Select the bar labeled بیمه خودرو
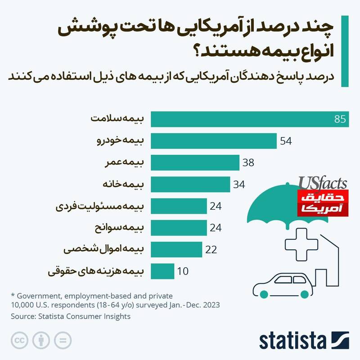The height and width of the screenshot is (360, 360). tap(213, 141)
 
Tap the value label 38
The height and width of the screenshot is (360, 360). tap(248, 162)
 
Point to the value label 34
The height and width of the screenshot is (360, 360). tap(238, 184)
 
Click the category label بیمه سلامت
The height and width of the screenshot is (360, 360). tap(117, 119)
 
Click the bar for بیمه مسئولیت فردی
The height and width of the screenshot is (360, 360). tap(179, 206)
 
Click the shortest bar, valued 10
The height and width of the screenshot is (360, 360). tap(162, 271)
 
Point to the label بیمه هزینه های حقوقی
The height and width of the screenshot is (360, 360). tap(96, 271)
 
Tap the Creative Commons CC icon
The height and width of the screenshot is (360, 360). tap(18, 340)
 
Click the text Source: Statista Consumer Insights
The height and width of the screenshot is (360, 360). tap(71, 316)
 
